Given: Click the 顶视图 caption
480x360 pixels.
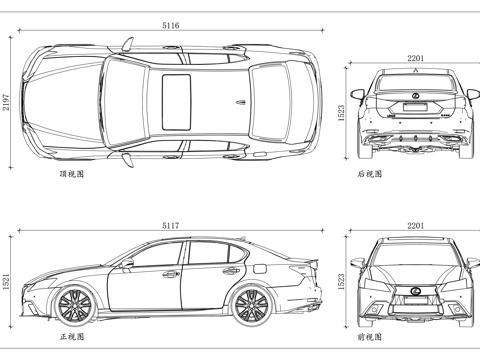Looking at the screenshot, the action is pos(72,173).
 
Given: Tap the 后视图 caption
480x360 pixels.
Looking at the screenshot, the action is pos(370,173).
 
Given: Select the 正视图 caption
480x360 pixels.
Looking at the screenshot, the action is pos(72,337).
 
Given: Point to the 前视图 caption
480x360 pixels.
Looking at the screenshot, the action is pos(370,337).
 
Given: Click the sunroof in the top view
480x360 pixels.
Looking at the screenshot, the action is pos(176,102).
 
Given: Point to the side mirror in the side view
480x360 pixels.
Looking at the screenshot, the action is pos(128,265).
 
